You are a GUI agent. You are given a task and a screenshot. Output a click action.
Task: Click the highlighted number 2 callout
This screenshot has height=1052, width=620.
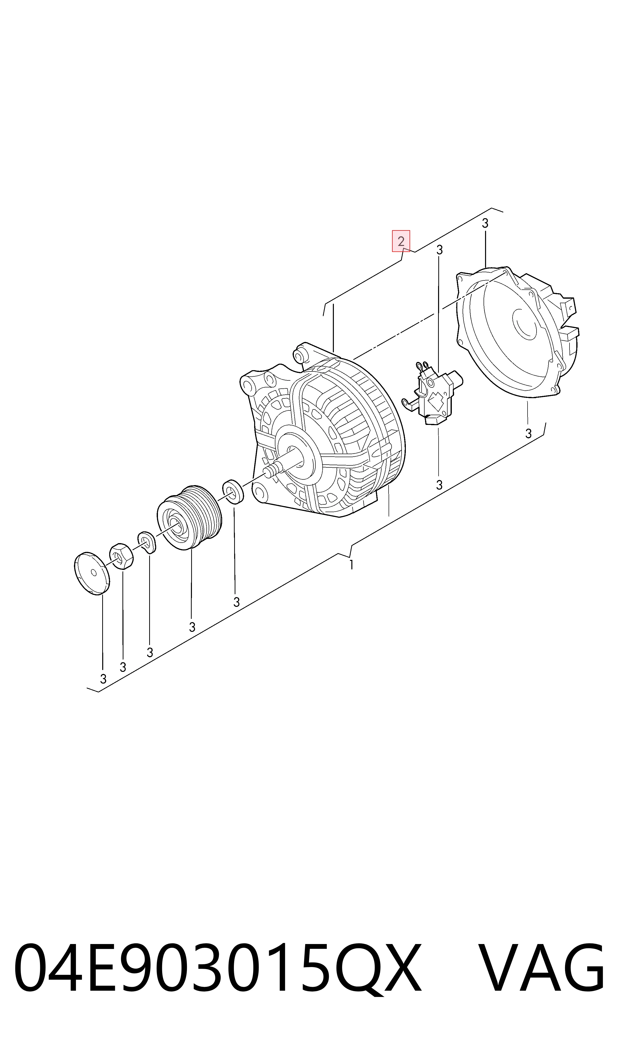[x=401, y=241]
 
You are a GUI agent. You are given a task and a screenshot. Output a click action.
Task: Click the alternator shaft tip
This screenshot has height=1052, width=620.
[x=267, y=472]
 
